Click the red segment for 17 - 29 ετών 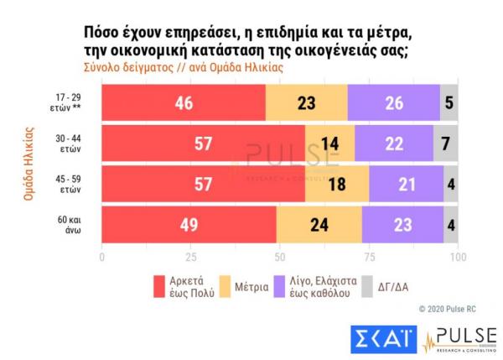coord(183,104)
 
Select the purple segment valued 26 coord(393,104)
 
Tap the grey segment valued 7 coord(445,143)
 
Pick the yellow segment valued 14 coord(329,143)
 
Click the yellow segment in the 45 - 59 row coord(337,183)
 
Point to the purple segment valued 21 coord(406,183)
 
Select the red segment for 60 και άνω coord(189,223)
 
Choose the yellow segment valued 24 coord(319,223)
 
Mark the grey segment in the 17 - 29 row coord(449,104)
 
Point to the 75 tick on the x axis coord(369,257)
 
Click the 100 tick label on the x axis coord(457,257)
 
